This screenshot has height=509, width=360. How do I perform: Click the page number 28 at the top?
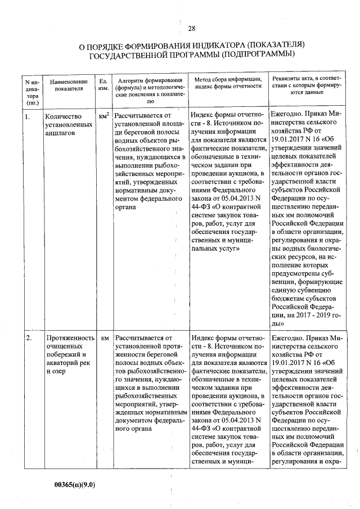tap(192, 29)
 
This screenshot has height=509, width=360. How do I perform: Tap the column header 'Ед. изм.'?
tap(103, 85)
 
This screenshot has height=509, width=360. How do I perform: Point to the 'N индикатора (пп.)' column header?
tap(32, 89)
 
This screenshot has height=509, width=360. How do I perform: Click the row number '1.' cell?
tap(28, 116)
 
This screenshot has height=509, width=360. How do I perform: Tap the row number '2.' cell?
tap(28, 338)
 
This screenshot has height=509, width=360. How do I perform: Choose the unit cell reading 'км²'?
tap(103, 116)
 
